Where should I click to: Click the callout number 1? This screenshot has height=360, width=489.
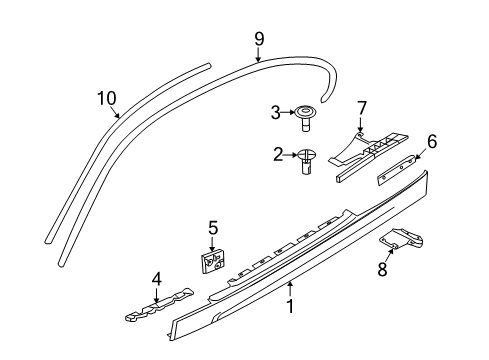tap(291, 307)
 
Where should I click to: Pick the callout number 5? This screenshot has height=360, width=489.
tap(213, 228)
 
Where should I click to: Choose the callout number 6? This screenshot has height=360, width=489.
tap(432, 141)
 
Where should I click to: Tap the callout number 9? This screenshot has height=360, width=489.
tap(259, 39)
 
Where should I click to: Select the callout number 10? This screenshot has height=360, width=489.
tap(107, 98)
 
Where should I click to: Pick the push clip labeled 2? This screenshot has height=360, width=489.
tap(308, 160)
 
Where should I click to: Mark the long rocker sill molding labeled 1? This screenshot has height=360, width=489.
tap(300, 260)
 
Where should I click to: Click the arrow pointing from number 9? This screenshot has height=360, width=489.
tap(258, 55)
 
